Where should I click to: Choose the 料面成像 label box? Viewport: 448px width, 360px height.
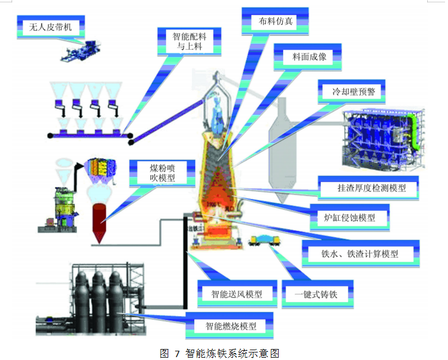coord(309,57)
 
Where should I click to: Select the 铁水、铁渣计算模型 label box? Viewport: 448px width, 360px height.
coord(360,253)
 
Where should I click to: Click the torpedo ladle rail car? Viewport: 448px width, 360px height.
coord(264,240)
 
